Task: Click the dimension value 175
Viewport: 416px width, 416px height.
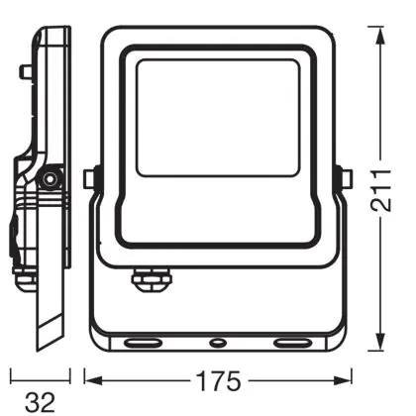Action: (x=219, y=381)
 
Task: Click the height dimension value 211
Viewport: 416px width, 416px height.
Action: (x=381, y=190)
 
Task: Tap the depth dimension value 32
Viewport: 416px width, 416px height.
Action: (x=40, y=402)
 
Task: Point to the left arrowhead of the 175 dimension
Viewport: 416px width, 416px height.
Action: (x=94, y=380)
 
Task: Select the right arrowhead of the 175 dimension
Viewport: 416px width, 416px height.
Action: (x=343, y=380)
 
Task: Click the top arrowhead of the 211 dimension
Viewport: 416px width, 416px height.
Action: (x=380, y=36)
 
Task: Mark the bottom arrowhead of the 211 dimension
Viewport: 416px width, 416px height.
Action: (x=380, y=342)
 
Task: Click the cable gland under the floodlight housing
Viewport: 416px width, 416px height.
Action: (x=152, y=279)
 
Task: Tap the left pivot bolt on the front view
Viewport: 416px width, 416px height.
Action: (x=90, y=178)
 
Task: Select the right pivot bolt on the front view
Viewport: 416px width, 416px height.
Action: (x=346, y=178)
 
